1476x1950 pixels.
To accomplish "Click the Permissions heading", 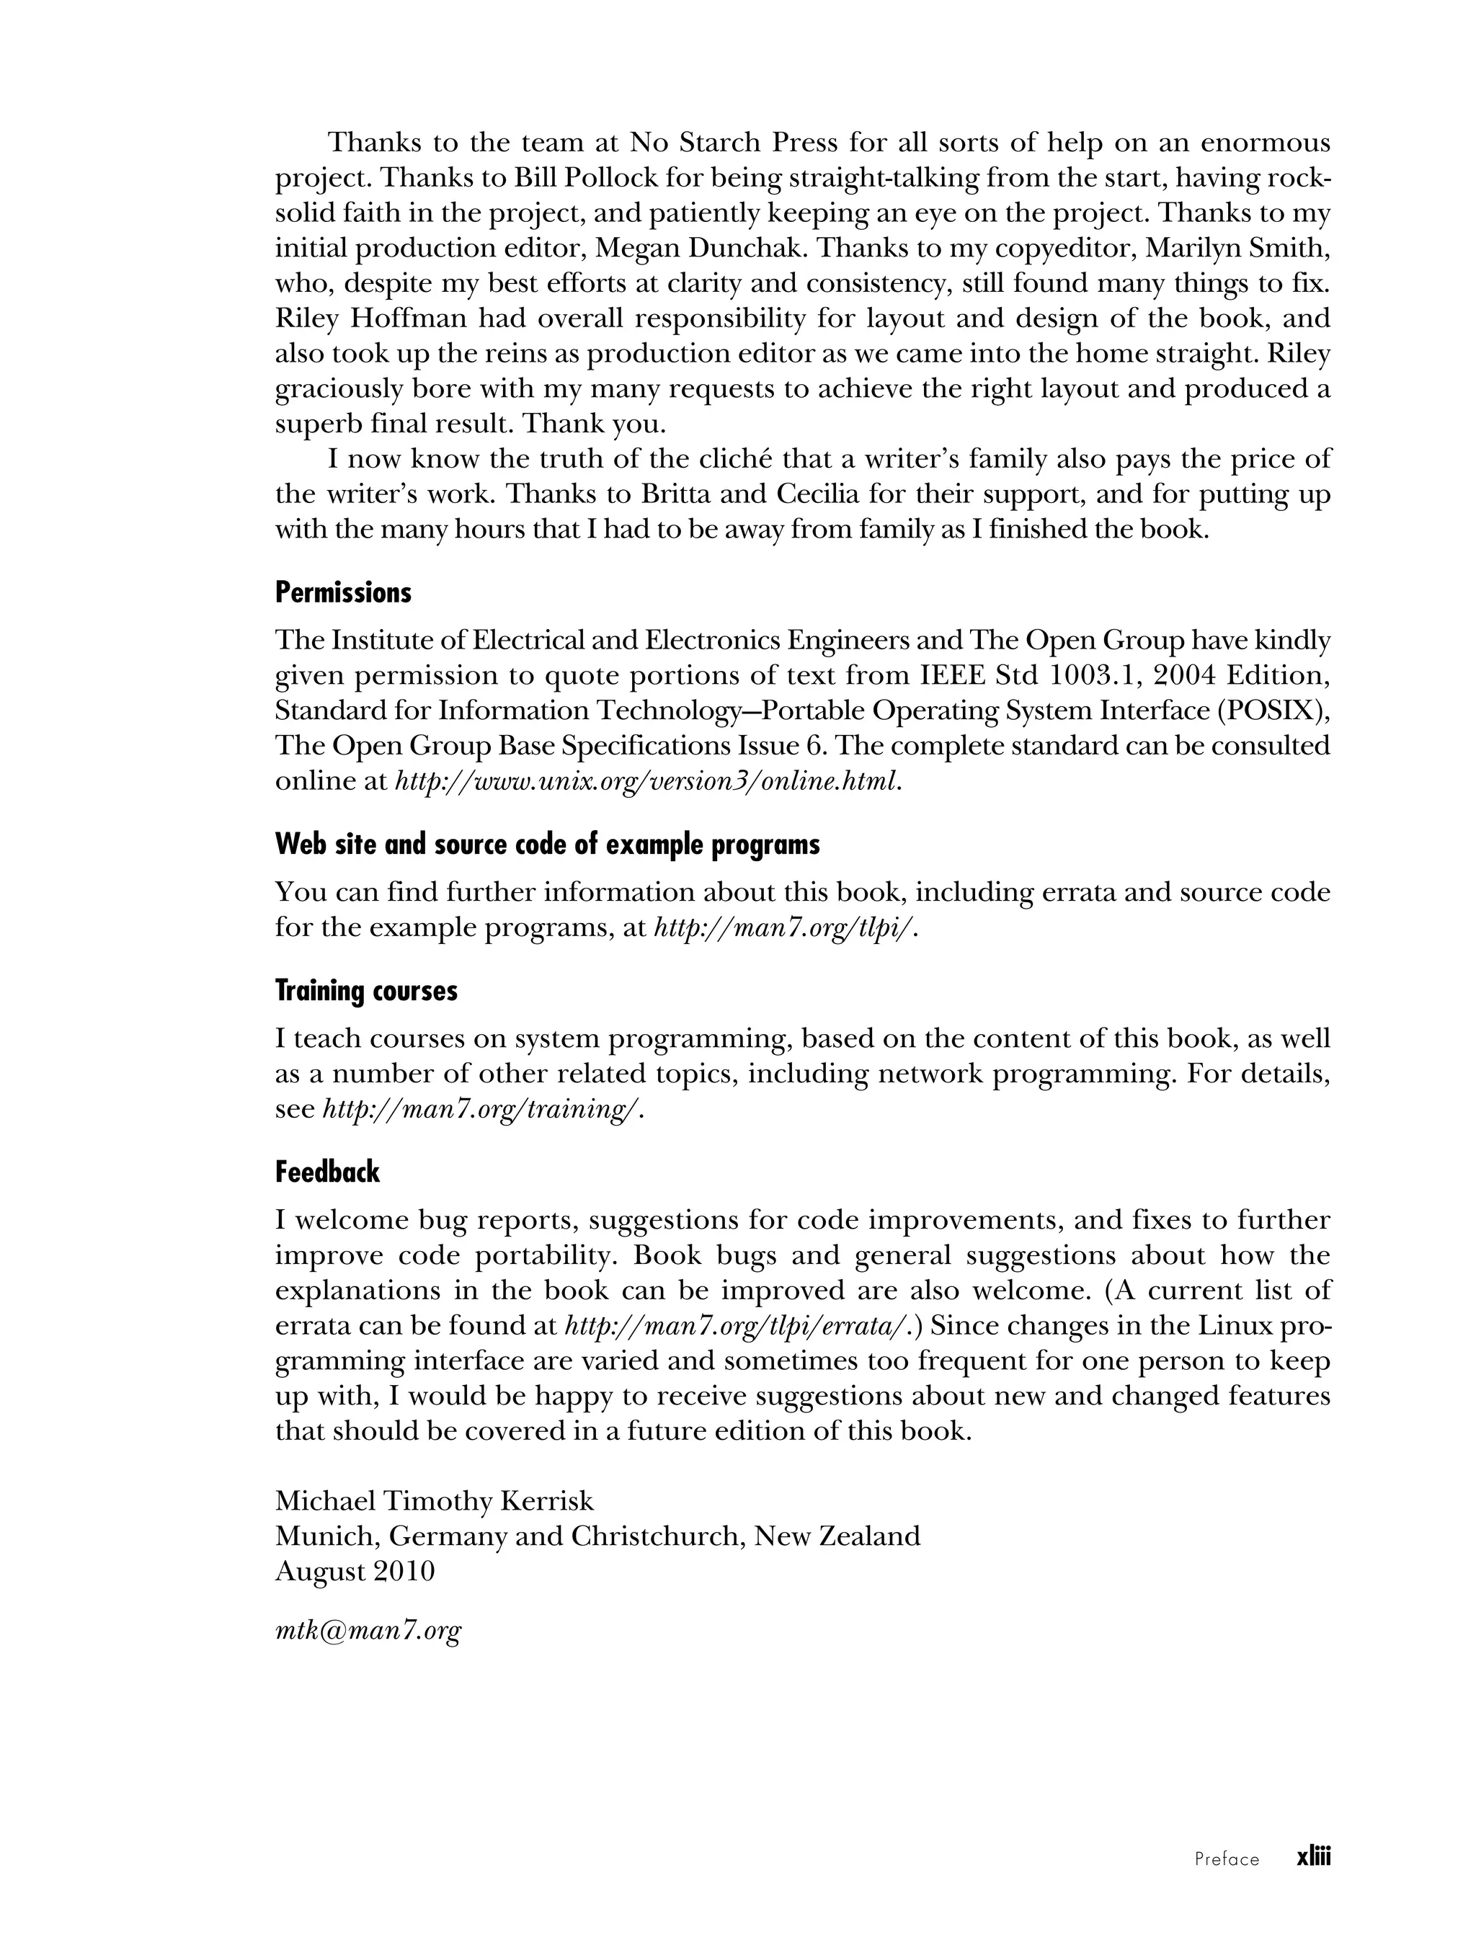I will [343, 592].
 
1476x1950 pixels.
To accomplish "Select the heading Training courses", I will [366, 991].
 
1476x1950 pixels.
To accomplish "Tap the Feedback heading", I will [327, 1172].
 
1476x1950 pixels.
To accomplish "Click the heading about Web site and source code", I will [547, 845].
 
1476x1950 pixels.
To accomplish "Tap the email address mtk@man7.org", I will [368, 1631].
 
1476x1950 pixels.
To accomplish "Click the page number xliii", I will [1313, 1858].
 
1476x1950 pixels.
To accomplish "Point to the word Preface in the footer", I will [1227, 1859].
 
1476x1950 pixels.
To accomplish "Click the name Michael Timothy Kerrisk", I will [435, 1500].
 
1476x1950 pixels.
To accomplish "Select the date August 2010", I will [355, 1571].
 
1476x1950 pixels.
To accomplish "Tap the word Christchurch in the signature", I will [659, 1536].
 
